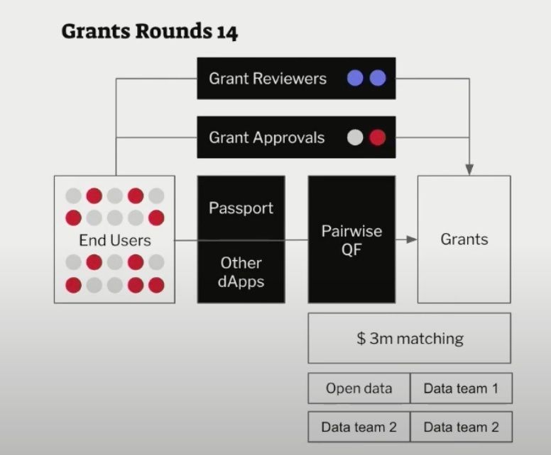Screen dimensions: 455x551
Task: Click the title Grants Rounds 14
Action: tap(149, 31)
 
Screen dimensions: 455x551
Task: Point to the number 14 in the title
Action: tap(226, 31)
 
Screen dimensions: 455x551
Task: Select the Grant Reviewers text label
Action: tap(268, 79)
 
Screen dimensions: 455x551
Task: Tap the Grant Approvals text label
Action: tap(266, 137)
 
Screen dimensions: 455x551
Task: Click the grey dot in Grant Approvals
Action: tap(355, 137)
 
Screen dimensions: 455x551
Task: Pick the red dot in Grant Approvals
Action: tap(378, 137)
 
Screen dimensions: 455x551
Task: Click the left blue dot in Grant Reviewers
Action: tap(355, 79)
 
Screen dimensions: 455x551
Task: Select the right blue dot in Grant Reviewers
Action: tap(378, 79)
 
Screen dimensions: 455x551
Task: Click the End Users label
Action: tap(114, 240)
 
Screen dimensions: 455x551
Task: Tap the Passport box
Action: tap(241, 208)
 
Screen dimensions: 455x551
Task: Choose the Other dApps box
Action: tap(241, 271)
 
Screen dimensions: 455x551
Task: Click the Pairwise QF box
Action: tap(351, 240)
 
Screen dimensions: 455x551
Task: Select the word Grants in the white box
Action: tap(464, 239)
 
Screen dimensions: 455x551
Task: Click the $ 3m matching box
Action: tap(409, 338)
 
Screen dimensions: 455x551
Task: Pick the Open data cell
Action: tap(359, 388)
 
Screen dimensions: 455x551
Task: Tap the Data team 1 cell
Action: tap(461, 388)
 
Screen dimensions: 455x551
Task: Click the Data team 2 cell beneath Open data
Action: tap(359, 427)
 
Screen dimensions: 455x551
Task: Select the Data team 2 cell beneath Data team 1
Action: tap(461, 427)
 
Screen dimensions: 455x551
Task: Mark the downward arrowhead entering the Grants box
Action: tap(469, 169)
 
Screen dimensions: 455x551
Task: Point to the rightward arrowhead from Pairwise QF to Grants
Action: tap(411, 240)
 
